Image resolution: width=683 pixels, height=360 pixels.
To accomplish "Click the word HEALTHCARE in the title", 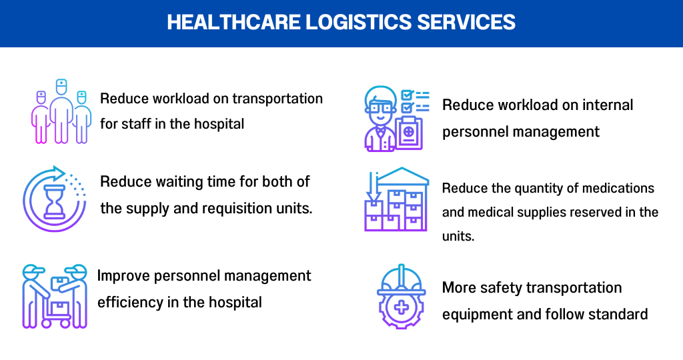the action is pyautogui.click(x=233, y=22).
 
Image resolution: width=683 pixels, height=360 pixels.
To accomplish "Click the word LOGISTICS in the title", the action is pyautogui.click(x=358, y=22).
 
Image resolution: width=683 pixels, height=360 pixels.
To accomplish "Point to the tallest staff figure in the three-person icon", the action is pyautogui.click(x=61, y=111).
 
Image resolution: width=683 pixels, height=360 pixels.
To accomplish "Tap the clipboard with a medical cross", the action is pyautogui.click(x=409, y=133).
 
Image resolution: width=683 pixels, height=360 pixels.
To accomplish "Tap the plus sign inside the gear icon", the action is pyautogui.click(x=401, y=307).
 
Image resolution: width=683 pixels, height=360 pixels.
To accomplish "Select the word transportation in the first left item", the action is pyautogui.click(x=277, y=99).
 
